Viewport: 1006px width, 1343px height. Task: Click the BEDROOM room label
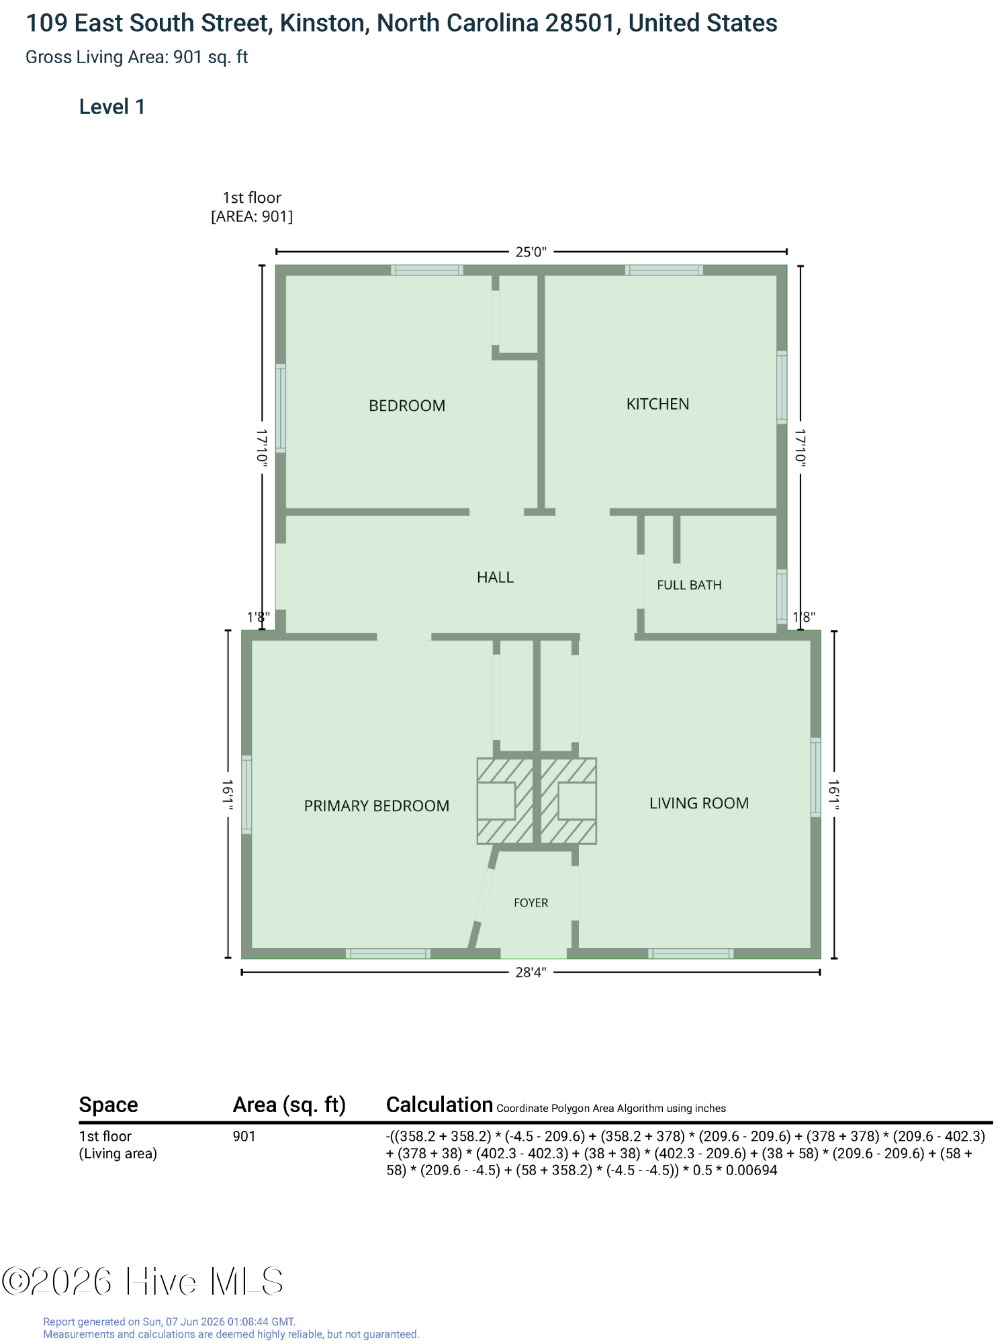407,406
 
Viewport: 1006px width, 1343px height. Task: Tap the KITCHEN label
657,404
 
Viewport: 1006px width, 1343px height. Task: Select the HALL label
495,577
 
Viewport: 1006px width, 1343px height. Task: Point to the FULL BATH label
689,585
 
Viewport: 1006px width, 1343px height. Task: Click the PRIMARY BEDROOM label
377,806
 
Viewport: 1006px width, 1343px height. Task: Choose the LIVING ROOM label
698,803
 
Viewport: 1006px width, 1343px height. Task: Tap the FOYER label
531,903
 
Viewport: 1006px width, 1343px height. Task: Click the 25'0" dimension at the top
531,252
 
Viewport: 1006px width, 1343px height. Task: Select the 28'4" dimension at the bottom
531,972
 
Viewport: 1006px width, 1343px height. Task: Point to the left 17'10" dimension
262,447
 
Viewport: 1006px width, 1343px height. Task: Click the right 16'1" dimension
834,795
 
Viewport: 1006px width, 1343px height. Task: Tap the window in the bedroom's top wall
427,271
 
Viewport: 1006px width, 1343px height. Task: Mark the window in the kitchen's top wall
664,271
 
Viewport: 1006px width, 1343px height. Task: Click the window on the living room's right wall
815,777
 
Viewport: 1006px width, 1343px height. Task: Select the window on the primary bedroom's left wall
246,795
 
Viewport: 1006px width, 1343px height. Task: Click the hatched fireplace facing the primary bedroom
505,801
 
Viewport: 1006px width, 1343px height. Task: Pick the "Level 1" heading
112,107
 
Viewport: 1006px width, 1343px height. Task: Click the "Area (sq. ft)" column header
289,1105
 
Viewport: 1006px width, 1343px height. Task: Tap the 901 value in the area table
244,1136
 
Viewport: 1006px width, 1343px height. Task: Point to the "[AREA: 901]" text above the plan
252,216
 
